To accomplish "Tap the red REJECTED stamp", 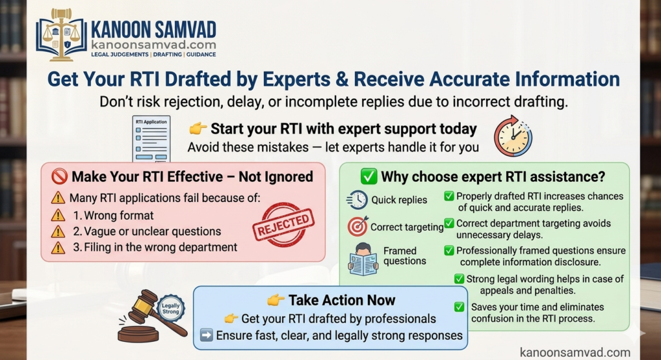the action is coord(283,225).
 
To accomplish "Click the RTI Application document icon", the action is coord(151,139).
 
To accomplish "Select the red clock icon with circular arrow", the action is coord(513,136).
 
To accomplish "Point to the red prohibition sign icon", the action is coord(59,177).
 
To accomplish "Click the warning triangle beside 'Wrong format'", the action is coord(57,215).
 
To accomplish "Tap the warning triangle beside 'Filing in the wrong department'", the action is coord(57,248).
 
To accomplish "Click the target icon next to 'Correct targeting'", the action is coord(358,226).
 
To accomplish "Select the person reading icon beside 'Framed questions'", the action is coord(363,259).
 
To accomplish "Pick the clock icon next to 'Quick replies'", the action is coord(356,200).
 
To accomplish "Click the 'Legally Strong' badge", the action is coord(170,308).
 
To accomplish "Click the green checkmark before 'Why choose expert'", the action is coord(369,177).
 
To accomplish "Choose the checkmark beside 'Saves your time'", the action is coord(460,307).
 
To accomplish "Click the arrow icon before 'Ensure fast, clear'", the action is coord(206,335).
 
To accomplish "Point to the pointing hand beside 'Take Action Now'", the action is coord(276,300).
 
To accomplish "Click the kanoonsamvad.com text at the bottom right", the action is coord(575,352).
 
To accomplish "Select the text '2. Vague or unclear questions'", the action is coord(147,232).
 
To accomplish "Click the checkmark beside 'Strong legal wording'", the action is coord(459,279).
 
